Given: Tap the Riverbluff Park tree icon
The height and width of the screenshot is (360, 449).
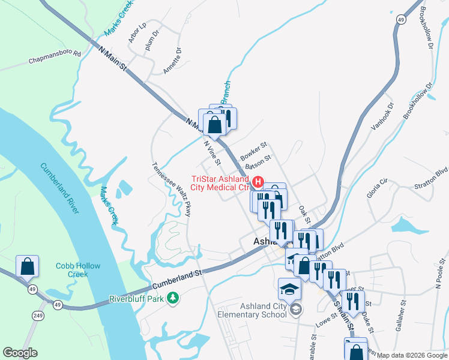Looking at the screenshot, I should (173, 298).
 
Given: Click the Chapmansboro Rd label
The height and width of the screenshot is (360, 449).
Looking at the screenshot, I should (55, 58).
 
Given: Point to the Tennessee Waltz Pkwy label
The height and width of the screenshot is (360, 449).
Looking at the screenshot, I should (171, 190).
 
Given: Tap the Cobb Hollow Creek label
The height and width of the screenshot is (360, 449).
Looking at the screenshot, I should (78, 270).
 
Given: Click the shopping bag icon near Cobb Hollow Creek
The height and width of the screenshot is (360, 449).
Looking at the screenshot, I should (28, 266).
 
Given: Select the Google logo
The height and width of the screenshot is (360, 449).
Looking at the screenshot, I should (20, 353).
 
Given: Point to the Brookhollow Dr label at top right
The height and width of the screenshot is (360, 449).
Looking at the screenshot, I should (427, 28).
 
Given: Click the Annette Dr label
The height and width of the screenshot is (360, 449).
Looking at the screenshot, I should (173, 61).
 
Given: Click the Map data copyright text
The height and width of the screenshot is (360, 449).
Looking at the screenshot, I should (412, 355).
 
